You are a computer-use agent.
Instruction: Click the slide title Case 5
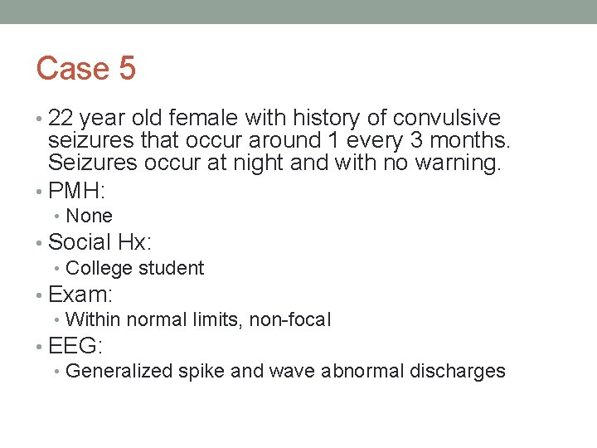[85, 68]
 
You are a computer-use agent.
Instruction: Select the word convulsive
[447, 119]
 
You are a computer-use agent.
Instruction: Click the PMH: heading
[76, 191]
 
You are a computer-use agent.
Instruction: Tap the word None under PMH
[89, 216]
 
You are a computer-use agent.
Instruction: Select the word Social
[80, 242]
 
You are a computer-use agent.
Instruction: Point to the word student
[172, 268]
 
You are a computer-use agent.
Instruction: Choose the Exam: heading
[80, 295]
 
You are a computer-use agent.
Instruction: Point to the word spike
[201, 372]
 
